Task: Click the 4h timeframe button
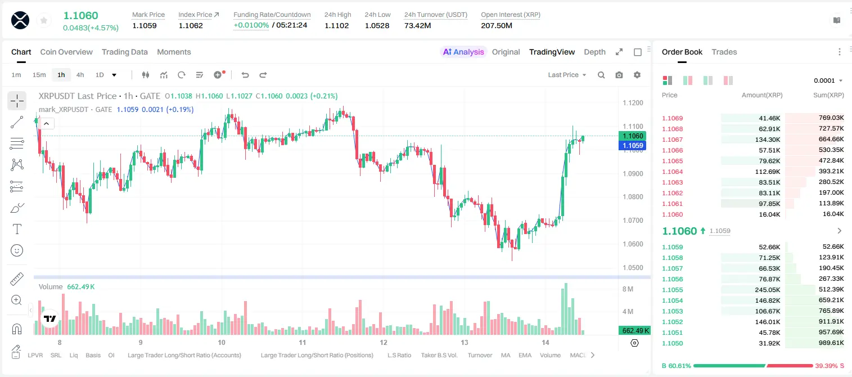point(80,75)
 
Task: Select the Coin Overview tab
point(66,52)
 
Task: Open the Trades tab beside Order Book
point(724,52)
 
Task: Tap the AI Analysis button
point(463,52)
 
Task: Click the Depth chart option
point(594,52)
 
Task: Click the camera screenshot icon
point(619,75)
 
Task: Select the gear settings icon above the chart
point(637,75)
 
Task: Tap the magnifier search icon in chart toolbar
point(601,75)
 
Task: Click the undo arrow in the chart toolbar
point(245,75)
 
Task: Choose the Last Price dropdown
point(567,75)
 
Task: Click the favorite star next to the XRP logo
point(44,20)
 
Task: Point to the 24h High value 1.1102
point(337,25)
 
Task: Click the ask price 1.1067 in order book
point(672,140)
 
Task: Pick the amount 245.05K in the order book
point(768,290)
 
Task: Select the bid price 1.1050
point(672,343)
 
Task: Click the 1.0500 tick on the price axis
point(633,267)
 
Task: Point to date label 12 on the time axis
point(384,342)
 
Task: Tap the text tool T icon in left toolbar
point(17,229)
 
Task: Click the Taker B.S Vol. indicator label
point(439,355)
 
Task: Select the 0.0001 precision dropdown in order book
point(828,80)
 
